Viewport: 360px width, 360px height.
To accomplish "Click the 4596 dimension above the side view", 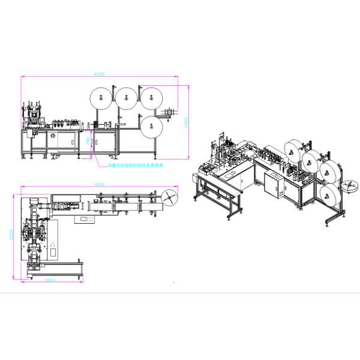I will [x=100, y=74].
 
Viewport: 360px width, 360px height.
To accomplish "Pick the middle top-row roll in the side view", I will [x=125, y=97].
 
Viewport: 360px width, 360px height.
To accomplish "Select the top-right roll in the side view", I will [x=150, y=97].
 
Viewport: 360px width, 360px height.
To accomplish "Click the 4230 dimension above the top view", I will [x=100, y=183].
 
